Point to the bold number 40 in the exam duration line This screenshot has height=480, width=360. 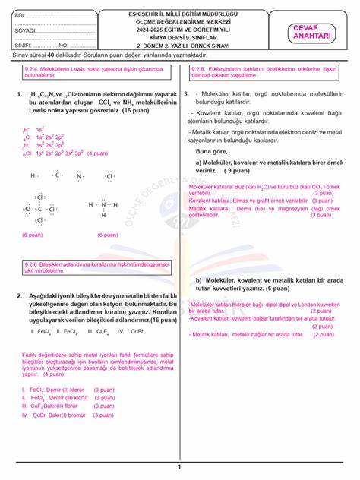51,56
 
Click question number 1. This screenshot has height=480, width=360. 17,95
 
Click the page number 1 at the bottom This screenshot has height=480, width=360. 179,466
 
